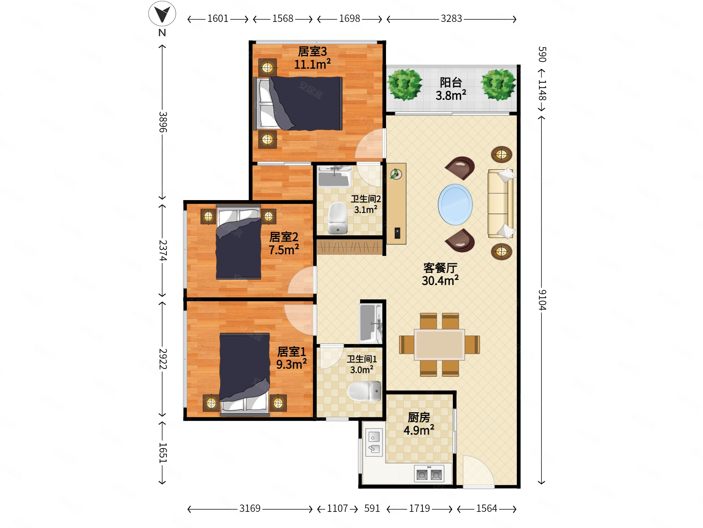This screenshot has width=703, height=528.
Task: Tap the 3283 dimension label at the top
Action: click(x=451, y=18)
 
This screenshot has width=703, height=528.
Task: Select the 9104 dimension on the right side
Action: click(x=542, y=300)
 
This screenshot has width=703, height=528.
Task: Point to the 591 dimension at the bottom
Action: click(x=372, y=508)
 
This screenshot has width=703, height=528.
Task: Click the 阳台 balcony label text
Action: click(x=451, y=82)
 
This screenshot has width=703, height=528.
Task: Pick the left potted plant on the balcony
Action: click(x=404, y=84)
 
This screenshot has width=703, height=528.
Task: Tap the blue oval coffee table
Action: click(x=455, y=204)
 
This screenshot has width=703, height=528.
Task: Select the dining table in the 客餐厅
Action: click(x=439, y=345)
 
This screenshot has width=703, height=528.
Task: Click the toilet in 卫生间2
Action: click(x=338, y=218)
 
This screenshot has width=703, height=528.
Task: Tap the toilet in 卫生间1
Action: click(x=364, y=391)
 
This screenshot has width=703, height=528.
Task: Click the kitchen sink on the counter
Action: click(x=374, y=442)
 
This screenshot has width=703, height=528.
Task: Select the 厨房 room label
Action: click(x=419, y=417)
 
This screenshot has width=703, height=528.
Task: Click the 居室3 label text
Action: click(x=312, y=52)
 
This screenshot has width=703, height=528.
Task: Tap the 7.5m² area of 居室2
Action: click(x=284, y=250)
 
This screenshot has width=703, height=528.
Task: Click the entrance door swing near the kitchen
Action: click(x=478, y=471)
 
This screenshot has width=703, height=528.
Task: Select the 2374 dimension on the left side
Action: click(x=163, y=251)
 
